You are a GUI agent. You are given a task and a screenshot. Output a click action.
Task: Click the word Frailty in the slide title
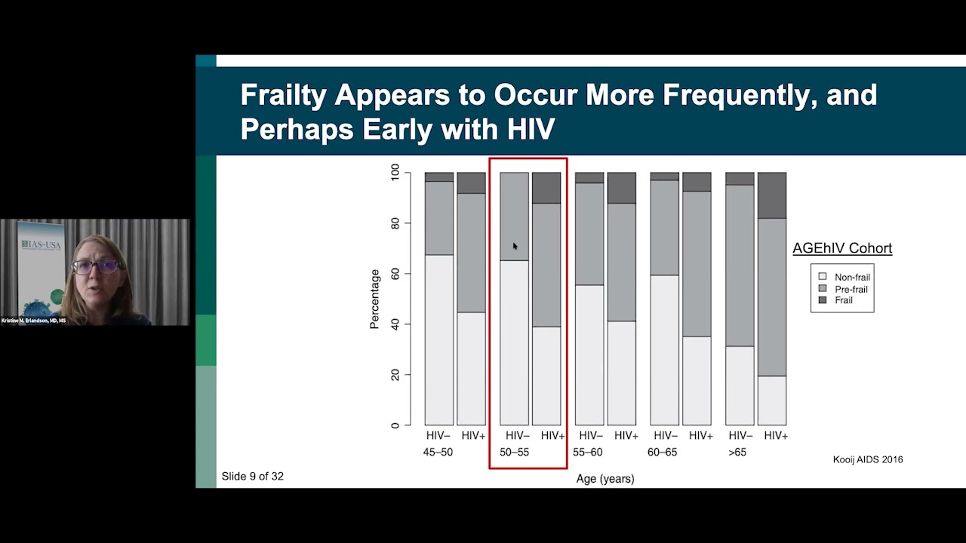[x=284, y=97]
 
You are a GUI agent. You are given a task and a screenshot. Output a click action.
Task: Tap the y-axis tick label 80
[x=394, y=223]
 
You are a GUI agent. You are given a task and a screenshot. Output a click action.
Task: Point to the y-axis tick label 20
[x=394, y=375]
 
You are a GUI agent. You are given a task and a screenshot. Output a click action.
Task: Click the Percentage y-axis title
[x=374, y=299]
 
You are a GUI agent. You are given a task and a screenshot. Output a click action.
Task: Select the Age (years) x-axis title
[x=605, y=479]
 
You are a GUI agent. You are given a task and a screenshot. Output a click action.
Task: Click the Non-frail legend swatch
[x=822, y=278]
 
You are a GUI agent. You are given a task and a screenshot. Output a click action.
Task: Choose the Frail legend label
[x=844, y=300]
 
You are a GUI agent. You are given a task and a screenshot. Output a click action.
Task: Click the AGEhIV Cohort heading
[x=841, y=248]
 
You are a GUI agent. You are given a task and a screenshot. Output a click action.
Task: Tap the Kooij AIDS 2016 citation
[x=867, y=459]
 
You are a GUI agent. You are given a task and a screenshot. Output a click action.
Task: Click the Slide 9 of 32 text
[x=253, y=477]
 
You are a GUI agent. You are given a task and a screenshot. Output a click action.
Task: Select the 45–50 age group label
[x=438, y=452]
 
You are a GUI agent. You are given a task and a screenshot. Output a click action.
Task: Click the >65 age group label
[x=737, y=452]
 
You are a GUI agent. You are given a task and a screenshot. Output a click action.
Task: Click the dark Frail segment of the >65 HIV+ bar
[x=771, y=195]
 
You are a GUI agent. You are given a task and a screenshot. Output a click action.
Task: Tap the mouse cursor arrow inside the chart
[x=515, y=246]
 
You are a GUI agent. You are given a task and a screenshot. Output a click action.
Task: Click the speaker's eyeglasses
[x=97, y=266]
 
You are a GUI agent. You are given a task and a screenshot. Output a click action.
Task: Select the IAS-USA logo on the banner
[x=42, y=246]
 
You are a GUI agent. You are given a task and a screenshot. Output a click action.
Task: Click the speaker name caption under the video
[x=34, y=321]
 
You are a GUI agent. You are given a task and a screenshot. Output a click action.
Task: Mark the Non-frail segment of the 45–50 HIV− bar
[x=438, y=339]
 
